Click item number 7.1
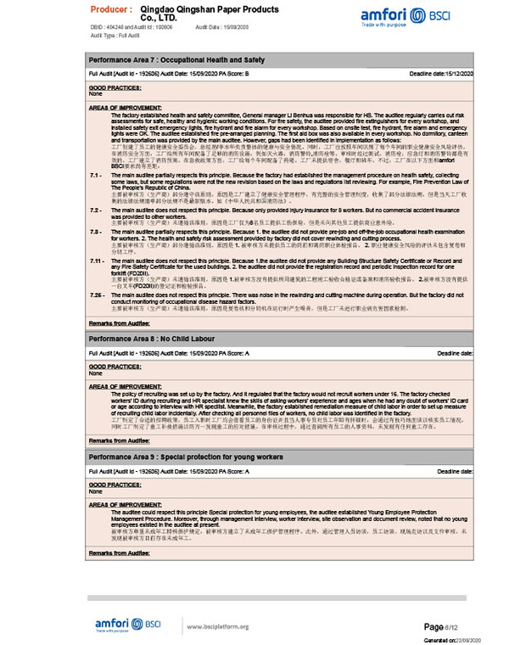(96, 174)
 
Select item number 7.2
(96, 209)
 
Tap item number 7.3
(96, 231)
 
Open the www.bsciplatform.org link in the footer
(217, 627)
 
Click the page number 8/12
(446, 626)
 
